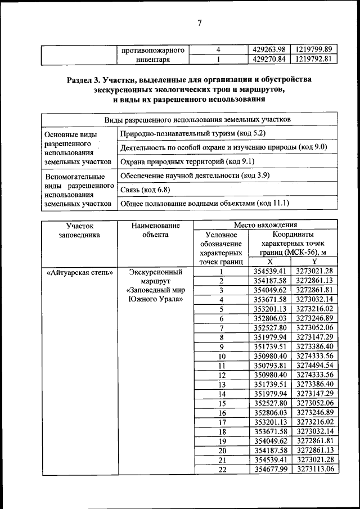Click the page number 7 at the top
pos(183,22)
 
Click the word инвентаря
pos(154,59)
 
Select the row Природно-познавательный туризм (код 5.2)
pos(192,133)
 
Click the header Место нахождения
pos(265,224)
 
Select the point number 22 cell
pos(221,470)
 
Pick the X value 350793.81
pos(270,366)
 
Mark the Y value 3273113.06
pos(314,470)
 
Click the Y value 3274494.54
pos(314,366)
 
